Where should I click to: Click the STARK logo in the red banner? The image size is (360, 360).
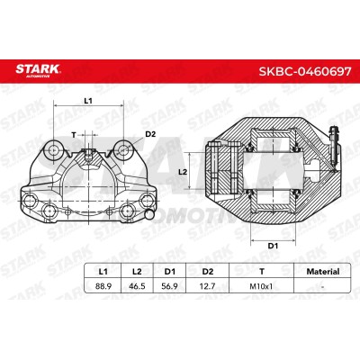38,70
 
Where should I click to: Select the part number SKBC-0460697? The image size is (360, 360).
305,71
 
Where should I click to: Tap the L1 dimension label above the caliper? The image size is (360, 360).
88,101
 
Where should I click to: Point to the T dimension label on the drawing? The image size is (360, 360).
74,135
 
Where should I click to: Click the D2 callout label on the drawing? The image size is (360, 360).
150,134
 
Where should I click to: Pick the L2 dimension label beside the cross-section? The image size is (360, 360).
183,172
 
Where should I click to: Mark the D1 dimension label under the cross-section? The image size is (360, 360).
273,246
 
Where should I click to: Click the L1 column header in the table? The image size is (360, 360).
103,272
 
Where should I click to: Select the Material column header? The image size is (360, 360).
323,272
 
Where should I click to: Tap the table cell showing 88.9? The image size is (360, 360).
103,286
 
